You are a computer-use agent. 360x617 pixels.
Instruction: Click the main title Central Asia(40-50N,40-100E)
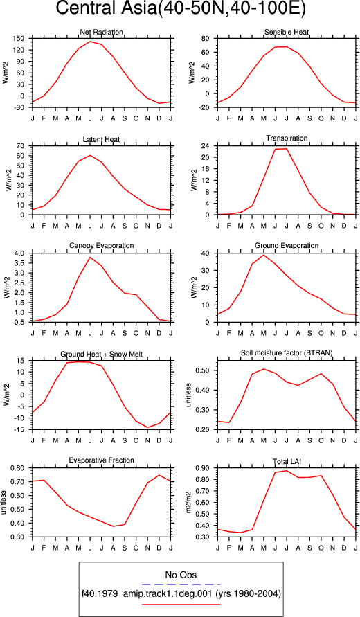[181, 9]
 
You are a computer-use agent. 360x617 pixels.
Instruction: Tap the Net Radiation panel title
[101, 32]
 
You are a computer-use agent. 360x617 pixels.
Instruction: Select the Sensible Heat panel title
[287, 32]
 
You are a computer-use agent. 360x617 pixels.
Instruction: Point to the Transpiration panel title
[287, 138]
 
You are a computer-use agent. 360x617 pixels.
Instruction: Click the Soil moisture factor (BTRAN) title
[287, 353]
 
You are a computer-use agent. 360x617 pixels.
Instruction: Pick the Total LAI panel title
[287, 460]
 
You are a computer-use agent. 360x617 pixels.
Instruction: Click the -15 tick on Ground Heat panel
[19, 430]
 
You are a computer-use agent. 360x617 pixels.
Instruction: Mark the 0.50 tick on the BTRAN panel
[205, 370]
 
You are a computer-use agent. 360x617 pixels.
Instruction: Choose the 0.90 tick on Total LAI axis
[205, 468]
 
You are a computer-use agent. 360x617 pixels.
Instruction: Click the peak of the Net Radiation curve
[90, 42]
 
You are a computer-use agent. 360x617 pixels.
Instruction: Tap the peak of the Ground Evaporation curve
[264, 255]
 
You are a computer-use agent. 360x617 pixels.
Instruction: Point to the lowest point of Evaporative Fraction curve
[114, 526]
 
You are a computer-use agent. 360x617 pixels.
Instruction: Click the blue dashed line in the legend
[181, 584]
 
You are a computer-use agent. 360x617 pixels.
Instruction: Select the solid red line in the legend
[181, 604]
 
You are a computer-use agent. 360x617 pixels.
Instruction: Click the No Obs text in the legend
[181, 575]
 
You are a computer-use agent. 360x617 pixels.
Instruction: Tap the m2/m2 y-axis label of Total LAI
[189, 502]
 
